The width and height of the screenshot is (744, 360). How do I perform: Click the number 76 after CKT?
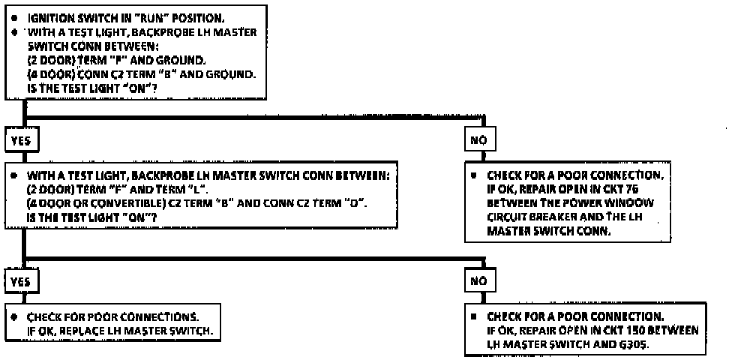tap(647, 189)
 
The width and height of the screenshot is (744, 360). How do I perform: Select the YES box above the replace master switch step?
tap(21, 280)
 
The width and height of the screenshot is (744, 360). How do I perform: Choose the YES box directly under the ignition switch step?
tap(21, 139)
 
